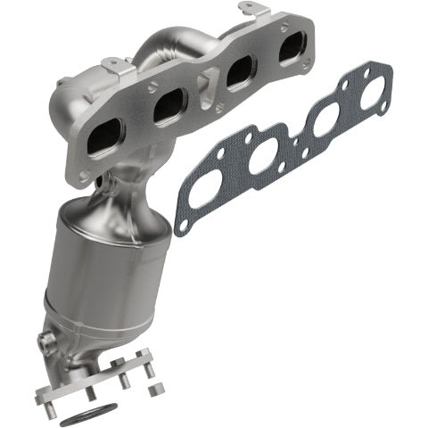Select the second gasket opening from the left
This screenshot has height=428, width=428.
click(265, 159)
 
